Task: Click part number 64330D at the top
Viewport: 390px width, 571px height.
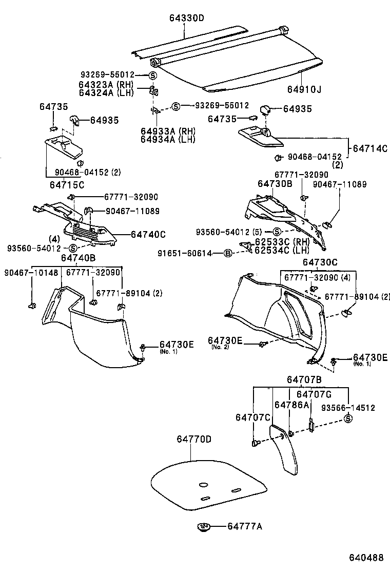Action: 187,18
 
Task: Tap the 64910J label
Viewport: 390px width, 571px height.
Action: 304,89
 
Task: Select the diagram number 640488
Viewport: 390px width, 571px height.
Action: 366,558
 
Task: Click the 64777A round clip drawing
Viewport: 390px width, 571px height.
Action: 204,526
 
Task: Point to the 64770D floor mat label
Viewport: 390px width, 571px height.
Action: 194,439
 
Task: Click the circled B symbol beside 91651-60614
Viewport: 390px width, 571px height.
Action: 227,253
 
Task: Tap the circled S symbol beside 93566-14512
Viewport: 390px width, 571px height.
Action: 348,418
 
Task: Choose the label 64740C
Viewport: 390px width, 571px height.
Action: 148,234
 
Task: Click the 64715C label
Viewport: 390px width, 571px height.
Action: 67,185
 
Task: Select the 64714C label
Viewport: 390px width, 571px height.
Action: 371,148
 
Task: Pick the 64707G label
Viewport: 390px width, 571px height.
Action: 314,394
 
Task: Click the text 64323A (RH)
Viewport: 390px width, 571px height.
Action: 106,85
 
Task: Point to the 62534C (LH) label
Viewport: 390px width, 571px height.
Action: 282,250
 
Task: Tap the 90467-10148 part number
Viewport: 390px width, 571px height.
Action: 31,272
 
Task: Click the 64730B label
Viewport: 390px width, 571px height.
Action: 275,183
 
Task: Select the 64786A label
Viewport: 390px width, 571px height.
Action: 292,405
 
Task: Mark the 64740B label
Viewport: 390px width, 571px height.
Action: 78,258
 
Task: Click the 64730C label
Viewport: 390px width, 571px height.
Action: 320,262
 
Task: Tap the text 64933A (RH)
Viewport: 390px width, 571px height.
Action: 168,131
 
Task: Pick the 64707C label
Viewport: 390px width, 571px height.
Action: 253,417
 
